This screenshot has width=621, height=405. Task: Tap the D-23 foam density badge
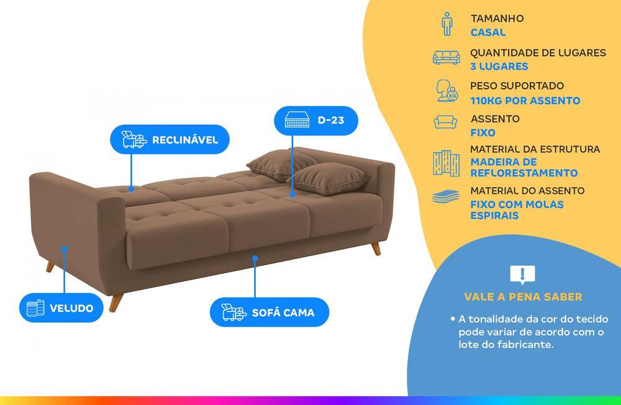(x=315, y=121)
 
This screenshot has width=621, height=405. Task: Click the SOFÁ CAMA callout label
(x=269, y=312)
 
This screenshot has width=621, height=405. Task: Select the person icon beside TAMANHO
(x=446, y=24)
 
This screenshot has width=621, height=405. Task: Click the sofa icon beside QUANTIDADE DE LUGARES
(x=446, y=58)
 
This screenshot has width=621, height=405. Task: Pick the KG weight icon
(x=446, y=91)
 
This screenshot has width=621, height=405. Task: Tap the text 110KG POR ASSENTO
(x=525, y=101)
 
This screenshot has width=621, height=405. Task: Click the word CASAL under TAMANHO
(x=487, y=32)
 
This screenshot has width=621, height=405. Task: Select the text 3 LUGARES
(x=499, y=66)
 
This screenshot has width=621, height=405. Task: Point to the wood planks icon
(x=446, y=162)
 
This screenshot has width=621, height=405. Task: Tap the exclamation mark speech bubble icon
(x=522, y=274)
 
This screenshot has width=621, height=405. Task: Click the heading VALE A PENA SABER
(x=523, y=297)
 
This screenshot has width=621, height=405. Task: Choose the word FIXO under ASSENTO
(x=483, y=133)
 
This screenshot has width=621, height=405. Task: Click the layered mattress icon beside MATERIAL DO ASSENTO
(x=446, y=198)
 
